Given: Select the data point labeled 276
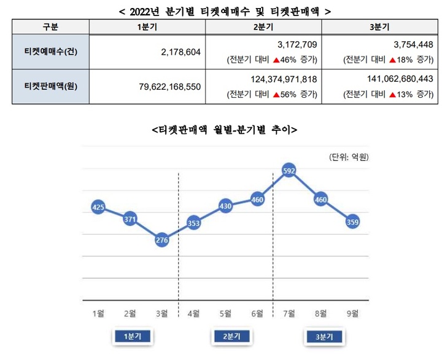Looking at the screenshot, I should [x=162, y=240].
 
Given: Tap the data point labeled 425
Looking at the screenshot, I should [x=98, y=208].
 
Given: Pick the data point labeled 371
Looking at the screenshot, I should [x=130, y=219].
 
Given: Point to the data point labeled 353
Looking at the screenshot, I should [x=194, y=224].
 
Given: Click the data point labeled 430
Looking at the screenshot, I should [x=226, y=206].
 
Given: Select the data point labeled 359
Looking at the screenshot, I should [x=353, y=222].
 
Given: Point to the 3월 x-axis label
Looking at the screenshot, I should [x=162, y=313].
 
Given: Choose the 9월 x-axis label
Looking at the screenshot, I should [x=353, y=313].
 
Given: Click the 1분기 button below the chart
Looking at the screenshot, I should [x=132, y=337].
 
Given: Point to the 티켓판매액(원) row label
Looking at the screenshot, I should [x=50, y=87].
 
